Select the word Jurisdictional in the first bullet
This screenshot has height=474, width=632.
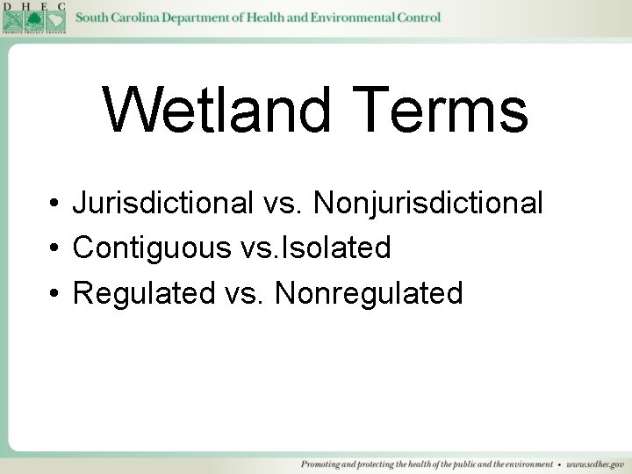click(163, 204)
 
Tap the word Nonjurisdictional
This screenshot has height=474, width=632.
click(428, 204)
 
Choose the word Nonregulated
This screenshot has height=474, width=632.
click(369, 293)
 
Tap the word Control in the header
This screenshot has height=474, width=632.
click(418, 18)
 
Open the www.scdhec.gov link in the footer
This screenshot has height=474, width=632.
click(594, 463)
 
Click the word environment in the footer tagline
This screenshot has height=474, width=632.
click(524, 463)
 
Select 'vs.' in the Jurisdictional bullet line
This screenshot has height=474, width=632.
click(283, 204)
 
